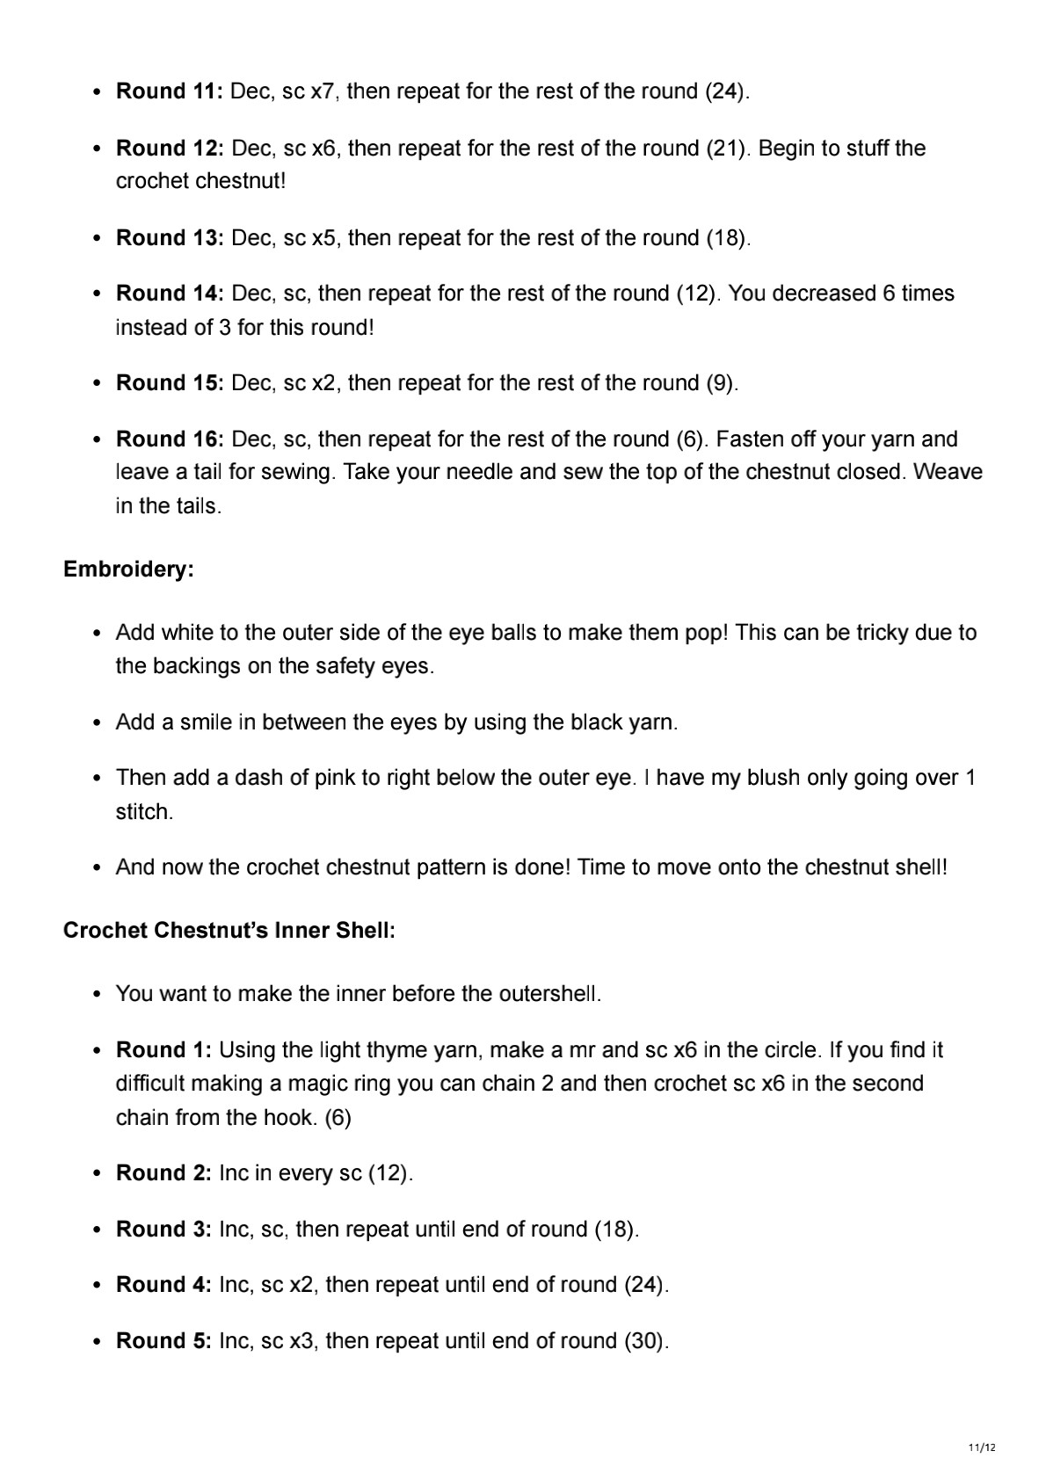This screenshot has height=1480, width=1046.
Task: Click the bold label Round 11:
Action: click(x=170, y=91)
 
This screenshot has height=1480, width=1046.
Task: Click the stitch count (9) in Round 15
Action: click(x=722, y=383)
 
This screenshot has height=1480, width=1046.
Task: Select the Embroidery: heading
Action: click(x=128, y=570)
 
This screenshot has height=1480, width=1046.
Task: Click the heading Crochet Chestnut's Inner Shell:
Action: click(x=229, y=931)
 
